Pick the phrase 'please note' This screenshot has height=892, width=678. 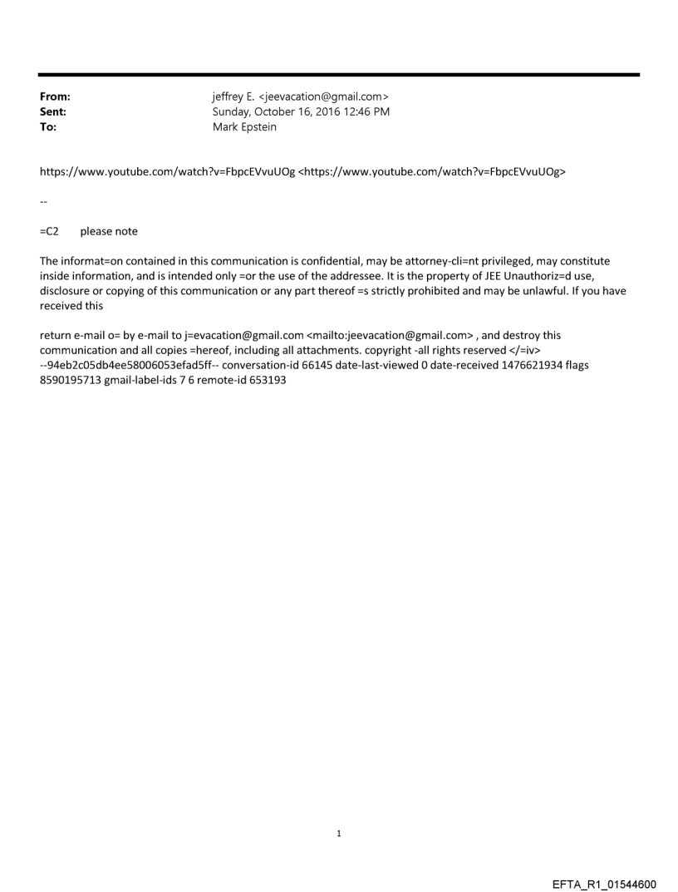[x=109, y=232]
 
